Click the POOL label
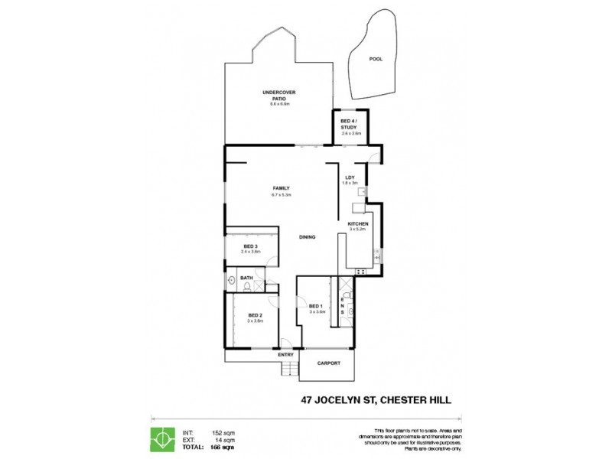(375, 59)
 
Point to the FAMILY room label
(282, 188)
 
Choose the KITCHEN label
(358, 223)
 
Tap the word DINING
(308, 236)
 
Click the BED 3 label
(251, 246)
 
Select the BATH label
(246, 278)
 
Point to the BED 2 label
(256, 316)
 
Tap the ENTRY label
(286, 354)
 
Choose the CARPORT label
(327, 363)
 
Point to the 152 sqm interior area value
(222, 431)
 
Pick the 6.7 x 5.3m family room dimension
(282, 195)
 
